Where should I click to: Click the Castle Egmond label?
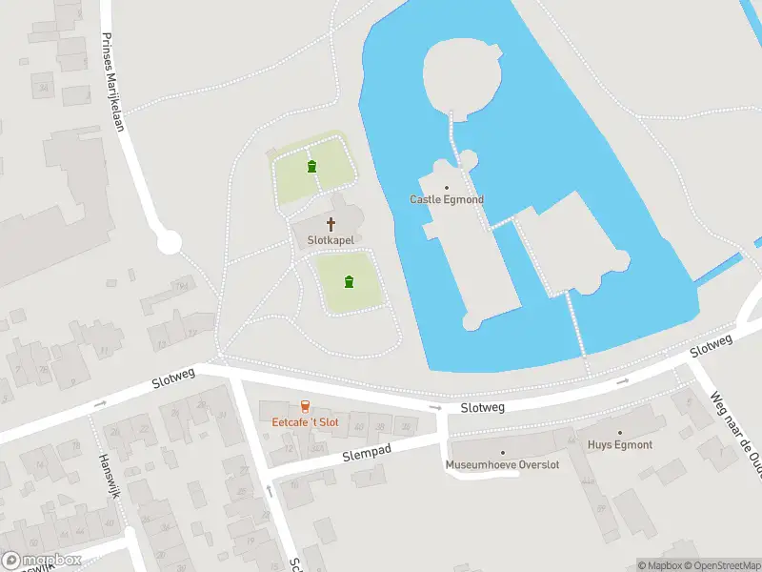(447, 199)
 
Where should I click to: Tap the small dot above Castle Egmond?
(446, 188)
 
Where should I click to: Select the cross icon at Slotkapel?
(331, 224)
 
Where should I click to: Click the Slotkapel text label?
(331, 241)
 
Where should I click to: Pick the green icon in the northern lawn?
(312, 167)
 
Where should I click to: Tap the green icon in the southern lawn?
(350, 281)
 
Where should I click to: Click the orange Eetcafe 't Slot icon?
(305, 406)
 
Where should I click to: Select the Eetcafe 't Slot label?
(305, 421)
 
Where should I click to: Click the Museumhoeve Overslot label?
(503, 465)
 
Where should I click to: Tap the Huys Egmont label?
(620, 445)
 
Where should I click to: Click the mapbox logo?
(40, 561)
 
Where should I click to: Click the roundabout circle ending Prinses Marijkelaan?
(170, 242)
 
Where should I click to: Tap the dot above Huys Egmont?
(620, 433)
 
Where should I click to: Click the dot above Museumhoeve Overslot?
(503, 453)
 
